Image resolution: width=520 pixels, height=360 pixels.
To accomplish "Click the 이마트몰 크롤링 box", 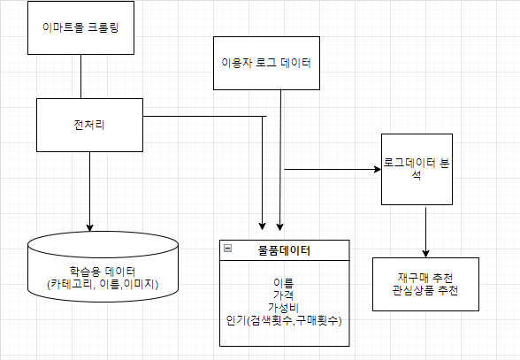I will pyautogui.click(x=80, y=27).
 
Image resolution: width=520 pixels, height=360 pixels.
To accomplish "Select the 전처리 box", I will pyautogui.click(x=88, y=125).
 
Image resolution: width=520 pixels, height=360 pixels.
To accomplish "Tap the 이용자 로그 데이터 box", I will pyautogui.click(x=266, y=63).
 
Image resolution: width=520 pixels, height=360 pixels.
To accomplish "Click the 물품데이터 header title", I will pyautogui.click(x=284, y=251).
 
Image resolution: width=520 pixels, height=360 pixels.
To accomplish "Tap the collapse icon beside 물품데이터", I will pyautogui.click(x=228, y=249).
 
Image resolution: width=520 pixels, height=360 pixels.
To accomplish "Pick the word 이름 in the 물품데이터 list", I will pyautogui.click(x=284, y=283).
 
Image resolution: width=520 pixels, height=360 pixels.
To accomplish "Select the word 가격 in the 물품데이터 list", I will pyautogui.click(x=284, y=295).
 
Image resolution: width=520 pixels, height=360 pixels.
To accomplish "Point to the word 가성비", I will pyautogui.click(x=284, y=307).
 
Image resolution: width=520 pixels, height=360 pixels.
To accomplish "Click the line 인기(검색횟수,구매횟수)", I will pyautogui.click(x=284, y=319).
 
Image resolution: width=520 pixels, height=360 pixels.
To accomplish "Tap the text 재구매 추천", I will pyautogui.click(x=426, y=278).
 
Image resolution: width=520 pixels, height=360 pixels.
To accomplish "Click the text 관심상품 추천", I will pyautogui.click(x=426, y=290).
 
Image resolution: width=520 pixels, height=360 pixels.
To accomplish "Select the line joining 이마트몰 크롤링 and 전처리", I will pyautogui.click(x=80, y=76).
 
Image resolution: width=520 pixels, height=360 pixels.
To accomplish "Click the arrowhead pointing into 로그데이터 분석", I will pyautogui.click(x=375, y=169).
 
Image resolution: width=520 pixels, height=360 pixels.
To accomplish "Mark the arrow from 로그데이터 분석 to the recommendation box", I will pyautogui.click(x=426, y=230).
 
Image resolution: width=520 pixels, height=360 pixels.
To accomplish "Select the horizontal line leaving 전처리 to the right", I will pyautogui.click(x=203, y=116).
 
